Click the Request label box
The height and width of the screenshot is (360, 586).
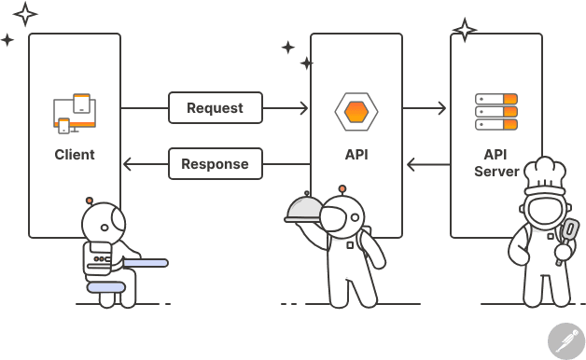215,107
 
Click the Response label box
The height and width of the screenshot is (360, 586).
215,164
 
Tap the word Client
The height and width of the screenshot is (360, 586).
75,155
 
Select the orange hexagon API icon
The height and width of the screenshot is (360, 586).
356,111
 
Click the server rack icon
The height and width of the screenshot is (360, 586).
495,111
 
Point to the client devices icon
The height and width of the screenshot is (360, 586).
75,113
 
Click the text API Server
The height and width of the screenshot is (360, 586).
495,163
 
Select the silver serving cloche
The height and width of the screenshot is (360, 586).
304,208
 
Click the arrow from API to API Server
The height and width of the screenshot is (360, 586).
425,108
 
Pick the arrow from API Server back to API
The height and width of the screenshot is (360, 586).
427,165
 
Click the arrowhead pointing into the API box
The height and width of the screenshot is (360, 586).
304,108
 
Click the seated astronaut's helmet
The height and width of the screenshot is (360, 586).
102,223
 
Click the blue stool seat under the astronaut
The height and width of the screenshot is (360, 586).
105,287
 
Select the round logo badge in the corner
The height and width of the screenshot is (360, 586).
565,340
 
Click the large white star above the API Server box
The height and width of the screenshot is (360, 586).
464,30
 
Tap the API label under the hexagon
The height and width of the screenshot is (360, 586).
356,155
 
